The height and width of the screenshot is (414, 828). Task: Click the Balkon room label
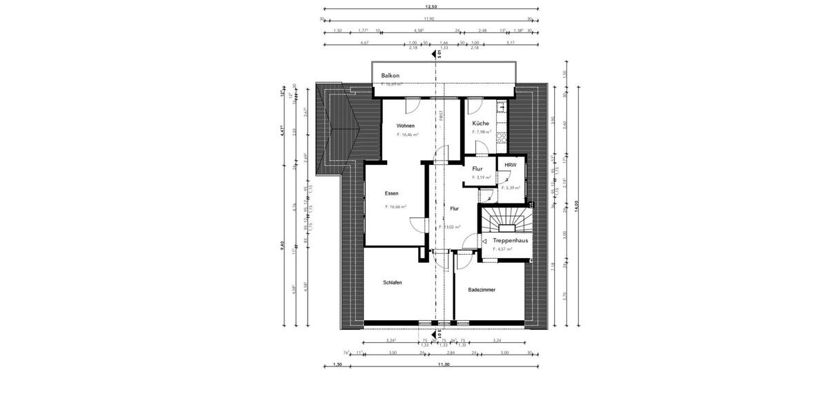391,75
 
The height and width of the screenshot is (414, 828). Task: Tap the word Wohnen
406,126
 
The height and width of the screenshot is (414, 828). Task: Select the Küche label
481,124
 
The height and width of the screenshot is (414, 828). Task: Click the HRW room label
510,166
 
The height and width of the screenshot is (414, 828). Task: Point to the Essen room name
392,194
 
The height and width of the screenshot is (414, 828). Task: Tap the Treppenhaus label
511,240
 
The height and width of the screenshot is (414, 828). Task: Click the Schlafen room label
393,283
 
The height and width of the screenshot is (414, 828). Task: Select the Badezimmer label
482,290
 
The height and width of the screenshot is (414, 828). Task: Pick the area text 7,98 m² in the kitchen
482,132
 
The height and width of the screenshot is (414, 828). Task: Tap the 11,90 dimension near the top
429,19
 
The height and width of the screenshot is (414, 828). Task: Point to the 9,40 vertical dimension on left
283,245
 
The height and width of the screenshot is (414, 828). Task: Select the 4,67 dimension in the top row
364,42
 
